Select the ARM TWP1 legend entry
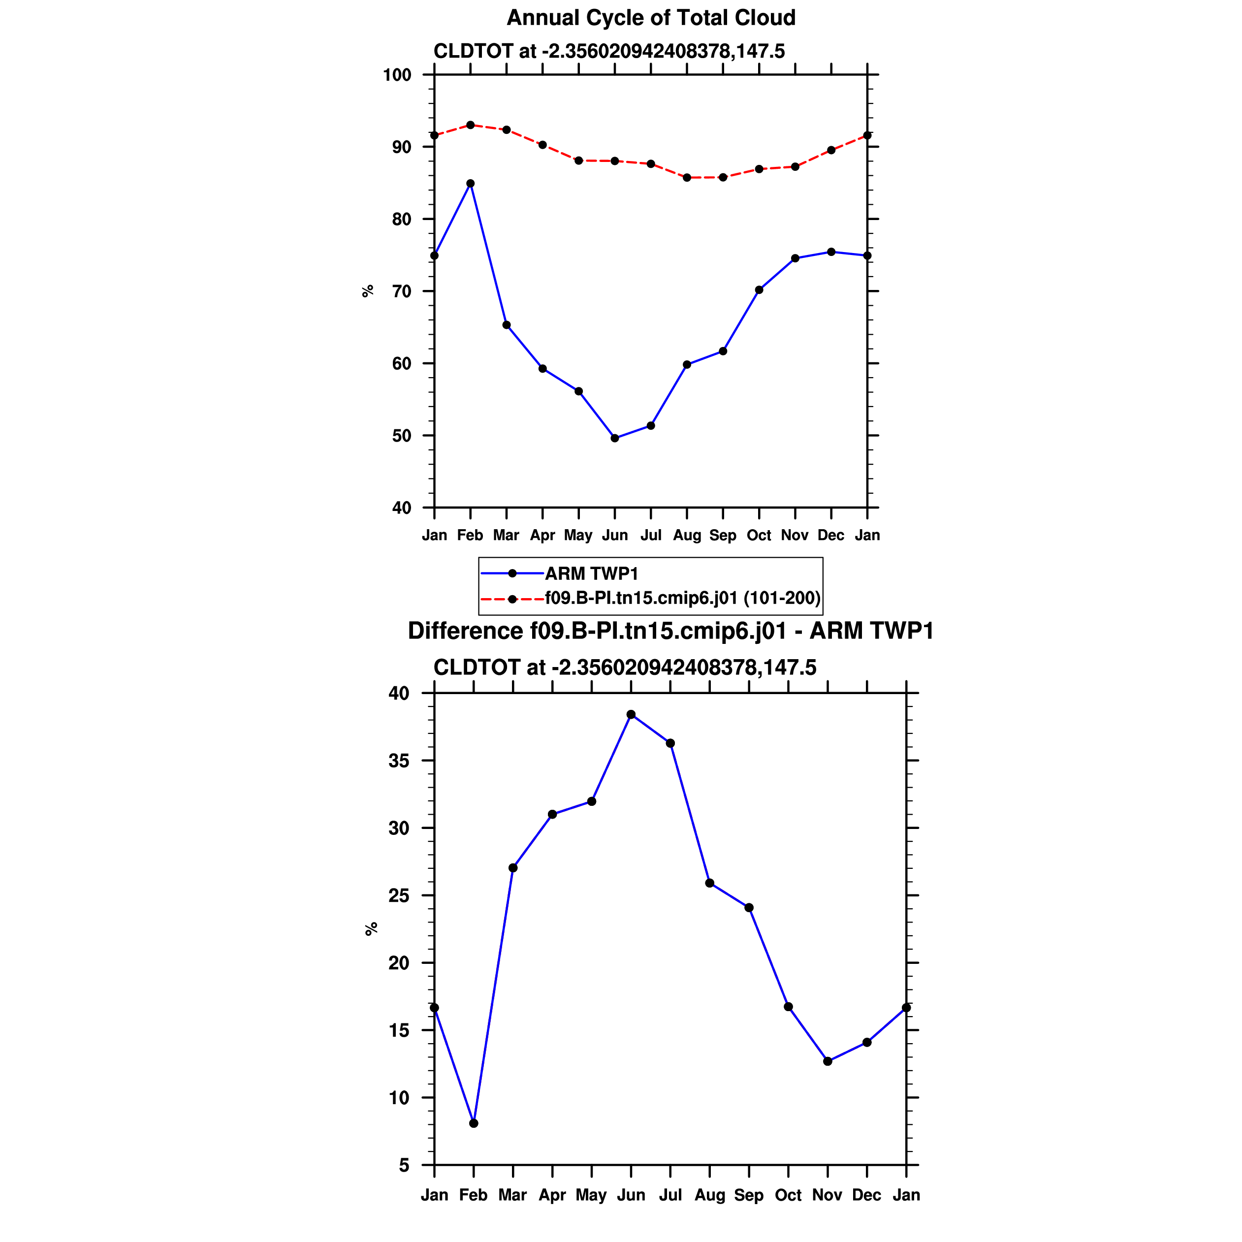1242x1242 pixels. point(591,573)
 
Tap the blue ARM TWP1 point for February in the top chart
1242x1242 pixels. point(471,183)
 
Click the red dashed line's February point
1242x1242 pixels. point(471,125)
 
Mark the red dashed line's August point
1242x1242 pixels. point(687,177)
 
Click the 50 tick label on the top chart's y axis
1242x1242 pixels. point(401,436)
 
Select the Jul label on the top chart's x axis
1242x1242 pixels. point(651,536)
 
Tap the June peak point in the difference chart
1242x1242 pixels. point(631,714)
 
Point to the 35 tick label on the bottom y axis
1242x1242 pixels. point(399,761)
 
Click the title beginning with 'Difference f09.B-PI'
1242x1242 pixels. point(670,631)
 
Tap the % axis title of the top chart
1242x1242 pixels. point(368,291)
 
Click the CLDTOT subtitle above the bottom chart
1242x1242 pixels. point(625,668)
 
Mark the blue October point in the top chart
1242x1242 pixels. point(759,290)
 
